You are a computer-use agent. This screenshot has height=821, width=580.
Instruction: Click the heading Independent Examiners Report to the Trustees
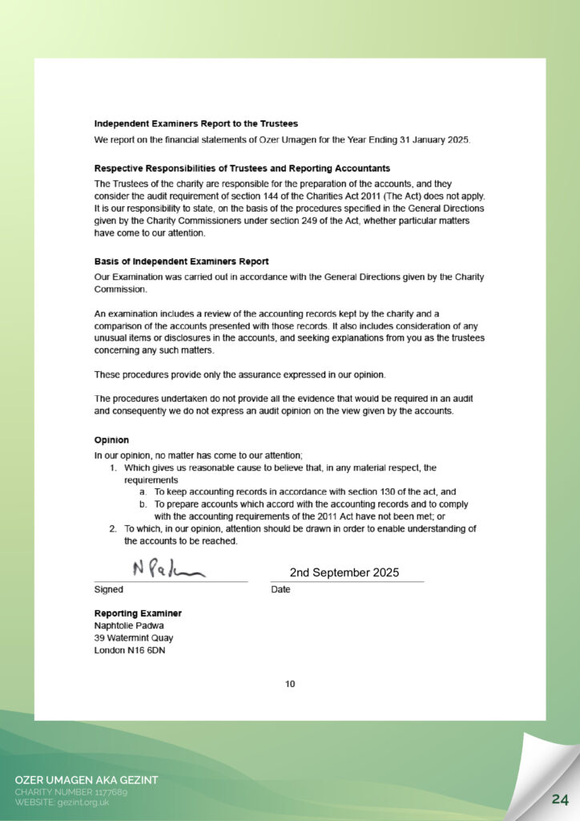point(196,123)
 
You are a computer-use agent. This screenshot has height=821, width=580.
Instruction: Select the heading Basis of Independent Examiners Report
point(181,261)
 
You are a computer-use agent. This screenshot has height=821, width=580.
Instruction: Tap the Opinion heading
point(111,440)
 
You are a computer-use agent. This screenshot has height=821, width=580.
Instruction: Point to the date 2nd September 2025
point(344,572)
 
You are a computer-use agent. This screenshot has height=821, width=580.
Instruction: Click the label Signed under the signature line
point(109,589)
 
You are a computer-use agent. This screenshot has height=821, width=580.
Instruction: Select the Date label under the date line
point(280,589)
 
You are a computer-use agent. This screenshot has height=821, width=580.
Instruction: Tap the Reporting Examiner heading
point(138,613)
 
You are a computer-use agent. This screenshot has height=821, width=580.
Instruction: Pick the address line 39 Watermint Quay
point(134,638)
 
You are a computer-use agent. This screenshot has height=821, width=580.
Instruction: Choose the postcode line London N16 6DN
point(130,650)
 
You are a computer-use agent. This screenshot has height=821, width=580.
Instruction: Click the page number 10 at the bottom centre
point(290,684)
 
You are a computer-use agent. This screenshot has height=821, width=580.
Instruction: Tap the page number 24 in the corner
point(560,799)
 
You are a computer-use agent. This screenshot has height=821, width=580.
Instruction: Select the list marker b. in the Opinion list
point(143,504)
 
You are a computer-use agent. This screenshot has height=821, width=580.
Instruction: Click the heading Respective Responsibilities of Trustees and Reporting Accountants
point(242,168)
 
